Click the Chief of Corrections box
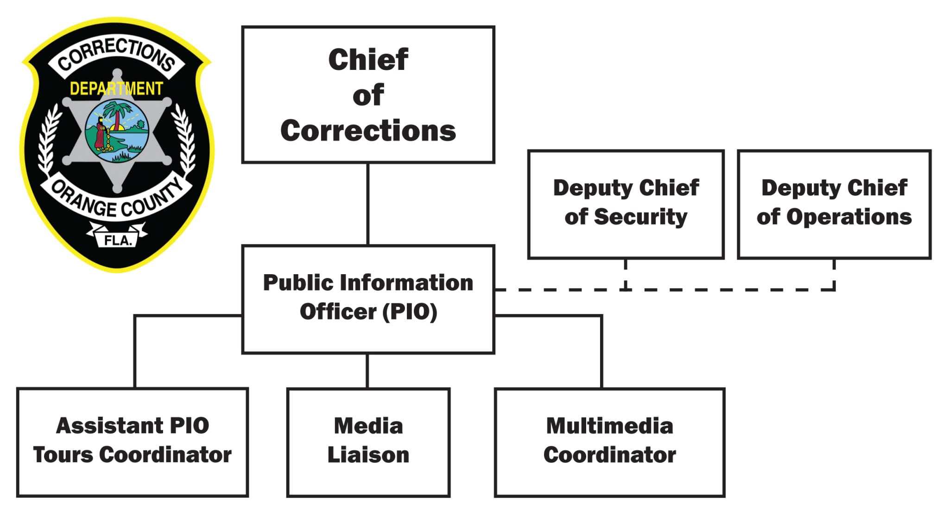point(368,94)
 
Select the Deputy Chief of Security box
point(626,204)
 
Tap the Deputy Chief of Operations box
point(834,204)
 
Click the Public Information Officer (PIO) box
point(368,299)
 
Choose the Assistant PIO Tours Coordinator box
point(133,442)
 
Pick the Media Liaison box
point(368,442)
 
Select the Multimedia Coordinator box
point(609,442)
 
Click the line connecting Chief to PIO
point(368,204)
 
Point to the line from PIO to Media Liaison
point(367,370)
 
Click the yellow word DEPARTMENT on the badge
point(116,88)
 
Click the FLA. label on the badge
point(118,240)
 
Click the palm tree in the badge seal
point(114,116)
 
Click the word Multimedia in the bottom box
point(609,426)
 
